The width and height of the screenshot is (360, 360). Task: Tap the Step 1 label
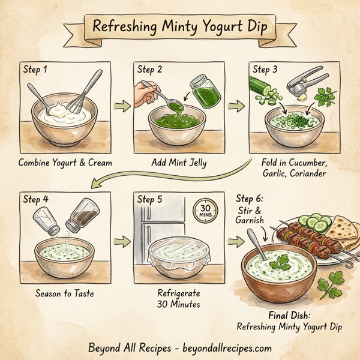36,70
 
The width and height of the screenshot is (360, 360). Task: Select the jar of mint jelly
203,92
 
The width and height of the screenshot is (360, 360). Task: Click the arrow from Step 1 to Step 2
122,107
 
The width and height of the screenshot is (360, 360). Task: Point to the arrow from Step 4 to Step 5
122,241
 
